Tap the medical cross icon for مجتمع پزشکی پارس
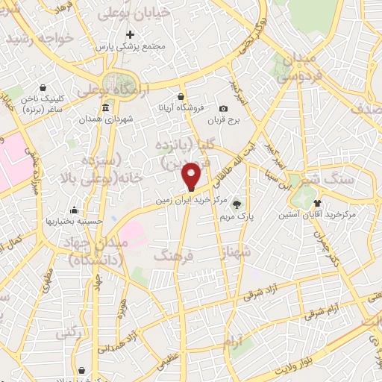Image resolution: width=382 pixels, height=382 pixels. tap(131, 34)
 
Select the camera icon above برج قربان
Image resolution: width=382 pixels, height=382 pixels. tap(223, 108)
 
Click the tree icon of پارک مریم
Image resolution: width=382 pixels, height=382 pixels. tap(237, 204)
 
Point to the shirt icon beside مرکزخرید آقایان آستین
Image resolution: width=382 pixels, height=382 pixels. tap(318, 203)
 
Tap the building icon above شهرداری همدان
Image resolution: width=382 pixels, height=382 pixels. tap(105, 108)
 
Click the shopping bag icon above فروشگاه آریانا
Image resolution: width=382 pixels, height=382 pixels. tap(181, 96)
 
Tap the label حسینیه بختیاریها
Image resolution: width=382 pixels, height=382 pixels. tap(69, 222)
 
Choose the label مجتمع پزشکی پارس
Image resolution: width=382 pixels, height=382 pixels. tap(133, 46)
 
